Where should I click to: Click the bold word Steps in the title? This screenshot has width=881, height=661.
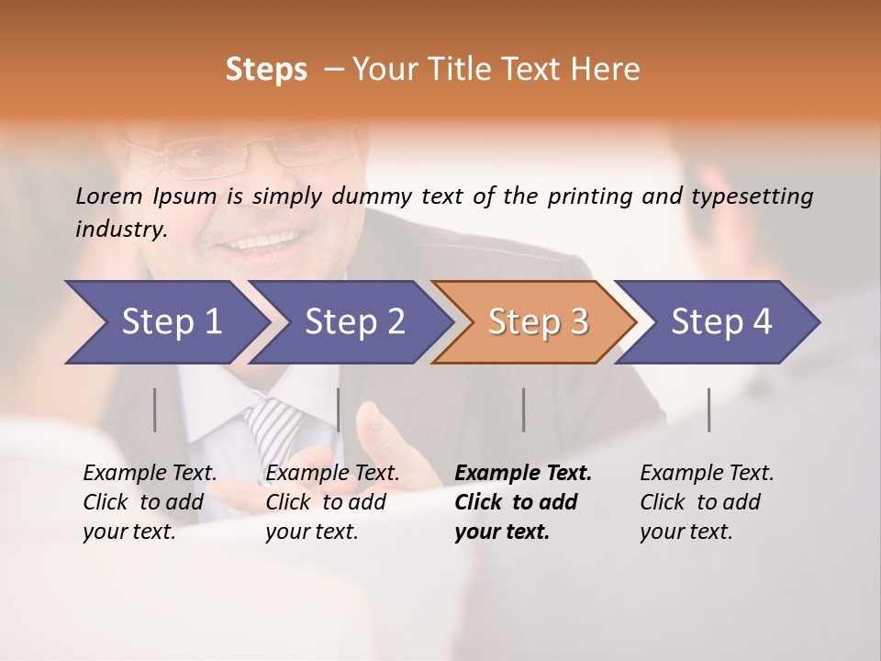click(x=266, y=70)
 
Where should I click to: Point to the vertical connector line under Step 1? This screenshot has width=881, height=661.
click(x=155, y=409)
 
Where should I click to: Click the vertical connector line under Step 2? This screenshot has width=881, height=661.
click(x=339, y=409)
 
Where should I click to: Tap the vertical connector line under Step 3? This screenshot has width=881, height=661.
click(x=523, y=409)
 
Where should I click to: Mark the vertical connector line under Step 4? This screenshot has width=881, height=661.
click(x=708, y=409)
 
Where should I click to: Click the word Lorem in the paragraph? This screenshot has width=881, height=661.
click(x=109, y=196)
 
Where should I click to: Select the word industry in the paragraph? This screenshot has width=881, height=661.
click(x=120, y=230)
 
